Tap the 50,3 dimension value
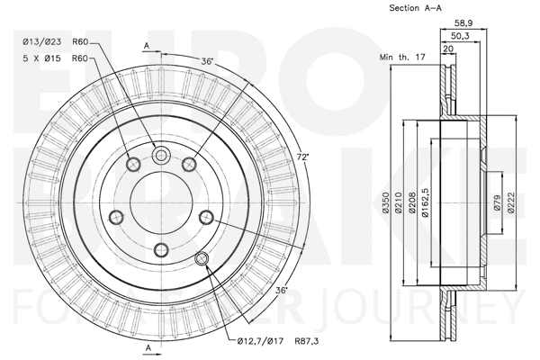460,36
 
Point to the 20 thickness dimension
448,49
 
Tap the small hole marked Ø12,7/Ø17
202,259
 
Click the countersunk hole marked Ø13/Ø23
162,157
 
